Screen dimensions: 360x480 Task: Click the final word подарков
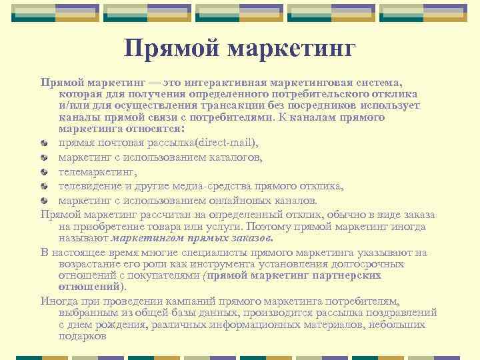[82, 337]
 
